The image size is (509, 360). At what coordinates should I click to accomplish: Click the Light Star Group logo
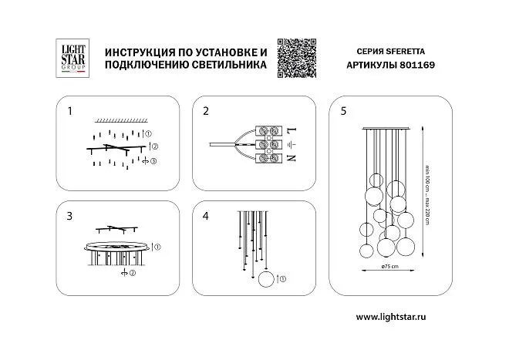tap(72, 58)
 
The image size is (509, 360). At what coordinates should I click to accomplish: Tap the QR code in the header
tap(297, 58)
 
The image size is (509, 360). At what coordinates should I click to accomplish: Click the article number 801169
tap(417, 65)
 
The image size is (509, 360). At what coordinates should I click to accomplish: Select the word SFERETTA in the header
tap(406, 52)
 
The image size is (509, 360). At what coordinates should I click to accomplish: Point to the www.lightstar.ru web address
tap(391, 317)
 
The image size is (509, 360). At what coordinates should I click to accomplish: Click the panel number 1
tap(69, 111)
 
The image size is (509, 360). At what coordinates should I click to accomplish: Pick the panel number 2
tap(206, 111)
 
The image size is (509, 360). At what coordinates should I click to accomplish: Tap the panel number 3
tap(69, 216)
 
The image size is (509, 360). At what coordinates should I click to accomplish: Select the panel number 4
tap(205, 216)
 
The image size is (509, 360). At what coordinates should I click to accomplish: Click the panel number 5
tap(343, 111)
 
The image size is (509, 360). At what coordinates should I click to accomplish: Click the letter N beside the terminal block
tap(292, 158)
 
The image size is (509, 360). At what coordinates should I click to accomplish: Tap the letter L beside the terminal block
tap(292, 131)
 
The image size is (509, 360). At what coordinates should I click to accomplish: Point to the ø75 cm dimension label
tap(390, 266)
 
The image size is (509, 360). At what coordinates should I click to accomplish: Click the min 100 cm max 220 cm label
tap(427, 196)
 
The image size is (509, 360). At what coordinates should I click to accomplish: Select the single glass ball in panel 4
tap(266, 279)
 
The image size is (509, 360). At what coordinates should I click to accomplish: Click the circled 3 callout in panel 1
tap(153, 161)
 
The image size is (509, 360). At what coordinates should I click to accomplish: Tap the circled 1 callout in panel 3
tap(157, 247)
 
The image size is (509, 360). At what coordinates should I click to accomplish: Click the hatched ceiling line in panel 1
tap(121, 121)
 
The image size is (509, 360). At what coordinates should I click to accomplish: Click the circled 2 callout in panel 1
tap(155, 146)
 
